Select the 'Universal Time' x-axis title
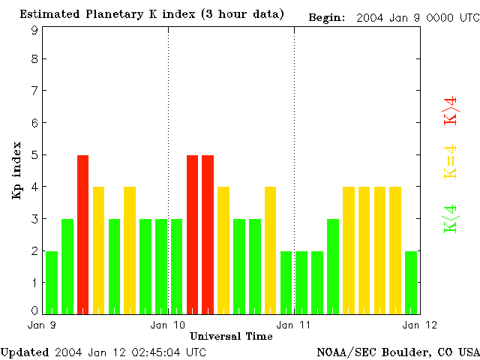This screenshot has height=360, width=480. (231, 336)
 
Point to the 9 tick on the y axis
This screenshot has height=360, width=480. (34, 30)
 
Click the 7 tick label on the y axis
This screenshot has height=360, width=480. (34, 91)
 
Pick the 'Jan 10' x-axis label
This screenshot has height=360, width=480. (168, 325)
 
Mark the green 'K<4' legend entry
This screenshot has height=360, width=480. (451, 219)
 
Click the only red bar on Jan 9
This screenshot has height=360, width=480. (82, 234)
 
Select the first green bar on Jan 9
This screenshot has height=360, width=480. (52, 282)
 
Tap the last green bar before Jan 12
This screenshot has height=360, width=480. (411, 282)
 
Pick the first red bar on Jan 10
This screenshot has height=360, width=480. (192, 234)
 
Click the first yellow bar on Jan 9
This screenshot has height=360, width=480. (98, 250)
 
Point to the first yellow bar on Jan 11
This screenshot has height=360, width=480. (349, 250)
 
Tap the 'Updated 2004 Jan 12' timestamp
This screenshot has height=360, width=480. (103, 352)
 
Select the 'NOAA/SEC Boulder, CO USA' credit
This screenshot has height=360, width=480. (398, 352)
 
